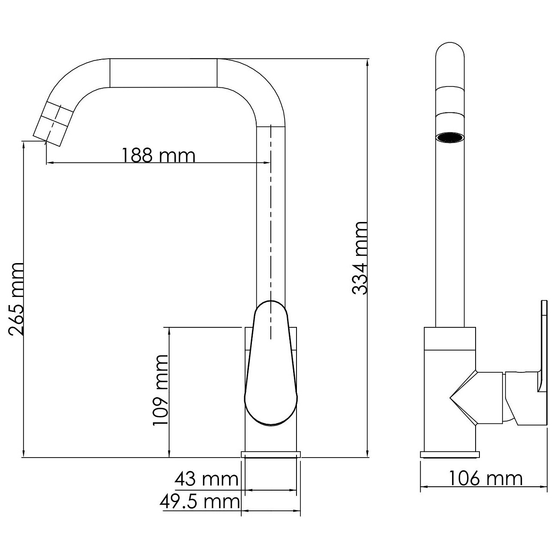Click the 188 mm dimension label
click(158, 155)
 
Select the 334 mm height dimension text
click(359, 258)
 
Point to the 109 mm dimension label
click(161, 390)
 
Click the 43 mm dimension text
click(206, 479)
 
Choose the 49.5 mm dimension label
click(200, 501)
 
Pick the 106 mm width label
click(485, 478)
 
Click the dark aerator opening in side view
click(449, 138)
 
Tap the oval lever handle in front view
click(271, 364)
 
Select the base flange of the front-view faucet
click(271, 454)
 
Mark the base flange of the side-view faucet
click(450, 454)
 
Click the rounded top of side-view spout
click(449, 54)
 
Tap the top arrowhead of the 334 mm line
click(367, 62)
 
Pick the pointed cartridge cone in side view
click(463, 398)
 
